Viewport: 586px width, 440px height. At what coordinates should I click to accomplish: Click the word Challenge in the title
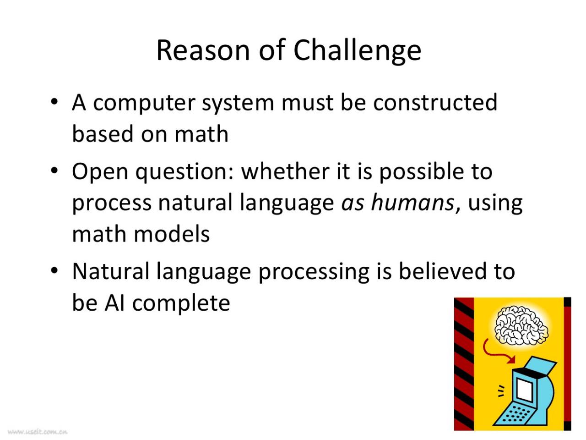click(357, 51)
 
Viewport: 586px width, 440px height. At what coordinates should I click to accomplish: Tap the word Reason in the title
click(203, 51)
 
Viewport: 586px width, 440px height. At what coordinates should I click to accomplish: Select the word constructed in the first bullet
click(435, 102)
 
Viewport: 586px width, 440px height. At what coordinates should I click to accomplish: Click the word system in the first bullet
click(238, 105)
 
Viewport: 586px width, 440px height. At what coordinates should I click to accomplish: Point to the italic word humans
click(412, 203)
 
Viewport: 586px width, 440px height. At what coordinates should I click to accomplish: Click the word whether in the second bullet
click(285, 171)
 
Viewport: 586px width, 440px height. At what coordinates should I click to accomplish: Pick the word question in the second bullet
click(184, 173)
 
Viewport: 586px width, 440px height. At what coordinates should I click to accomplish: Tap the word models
click(172, 234)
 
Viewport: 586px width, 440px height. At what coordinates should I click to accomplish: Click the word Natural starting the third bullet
click(110, 271)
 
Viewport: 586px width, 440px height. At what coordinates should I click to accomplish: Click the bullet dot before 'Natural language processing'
click(54, 270)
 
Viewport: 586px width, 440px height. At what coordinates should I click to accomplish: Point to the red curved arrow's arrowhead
click(511, 360)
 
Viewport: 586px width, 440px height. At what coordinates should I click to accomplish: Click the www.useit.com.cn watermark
click(38, 431)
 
